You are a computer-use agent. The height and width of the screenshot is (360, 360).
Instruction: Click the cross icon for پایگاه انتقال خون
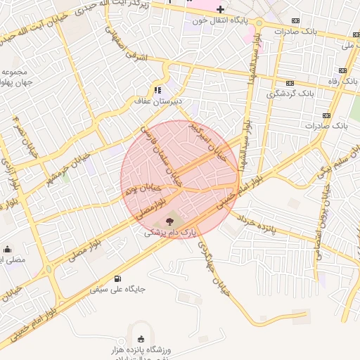pos(221,9)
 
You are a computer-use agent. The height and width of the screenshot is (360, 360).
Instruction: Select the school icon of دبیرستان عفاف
pos(158,89)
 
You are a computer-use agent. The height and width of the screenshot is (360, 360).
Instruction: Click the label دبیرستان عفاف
pos(158,101)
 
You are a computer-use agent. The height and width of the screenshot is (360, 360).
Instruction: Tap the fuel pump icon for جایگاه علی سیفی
pos(117,278)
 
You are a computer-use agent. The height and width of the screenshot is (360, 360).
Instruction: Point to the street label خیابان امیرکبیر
pos(208,141)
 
